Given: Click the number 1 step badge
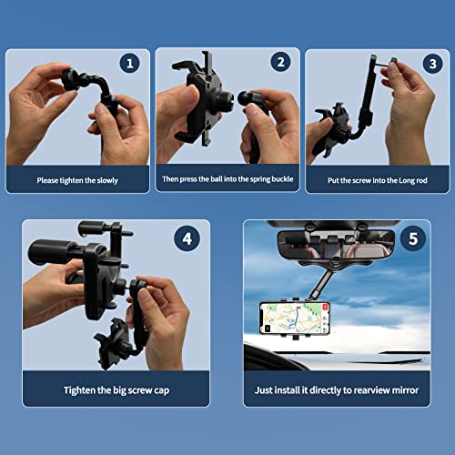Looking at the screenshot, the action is click(130, 63).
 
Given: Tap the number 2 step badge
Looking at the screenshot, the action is click(280, 62).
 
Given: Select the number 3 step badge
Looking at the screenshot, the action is click(433, 64).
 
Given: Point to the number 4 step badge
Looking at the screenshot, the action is click(187, 238).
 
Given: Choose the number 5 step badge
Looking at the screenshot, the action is click(413, 238).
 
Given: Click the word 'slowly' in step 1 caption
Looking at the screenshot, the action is click(107, 180).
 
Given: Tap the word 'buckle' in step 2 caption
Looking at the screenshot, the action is click(283, 179).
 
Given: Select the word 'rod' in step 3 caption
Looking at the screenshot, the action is click(421, 180).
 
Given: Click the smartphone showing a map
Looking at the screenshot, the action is click(295, 318).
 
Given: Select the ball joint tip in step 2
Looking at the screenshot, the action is click(244, 98).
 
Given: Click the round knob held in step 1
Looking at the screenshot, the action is click(70, 79).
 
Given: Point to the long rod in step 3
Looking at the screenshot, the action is click(368, 91).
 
